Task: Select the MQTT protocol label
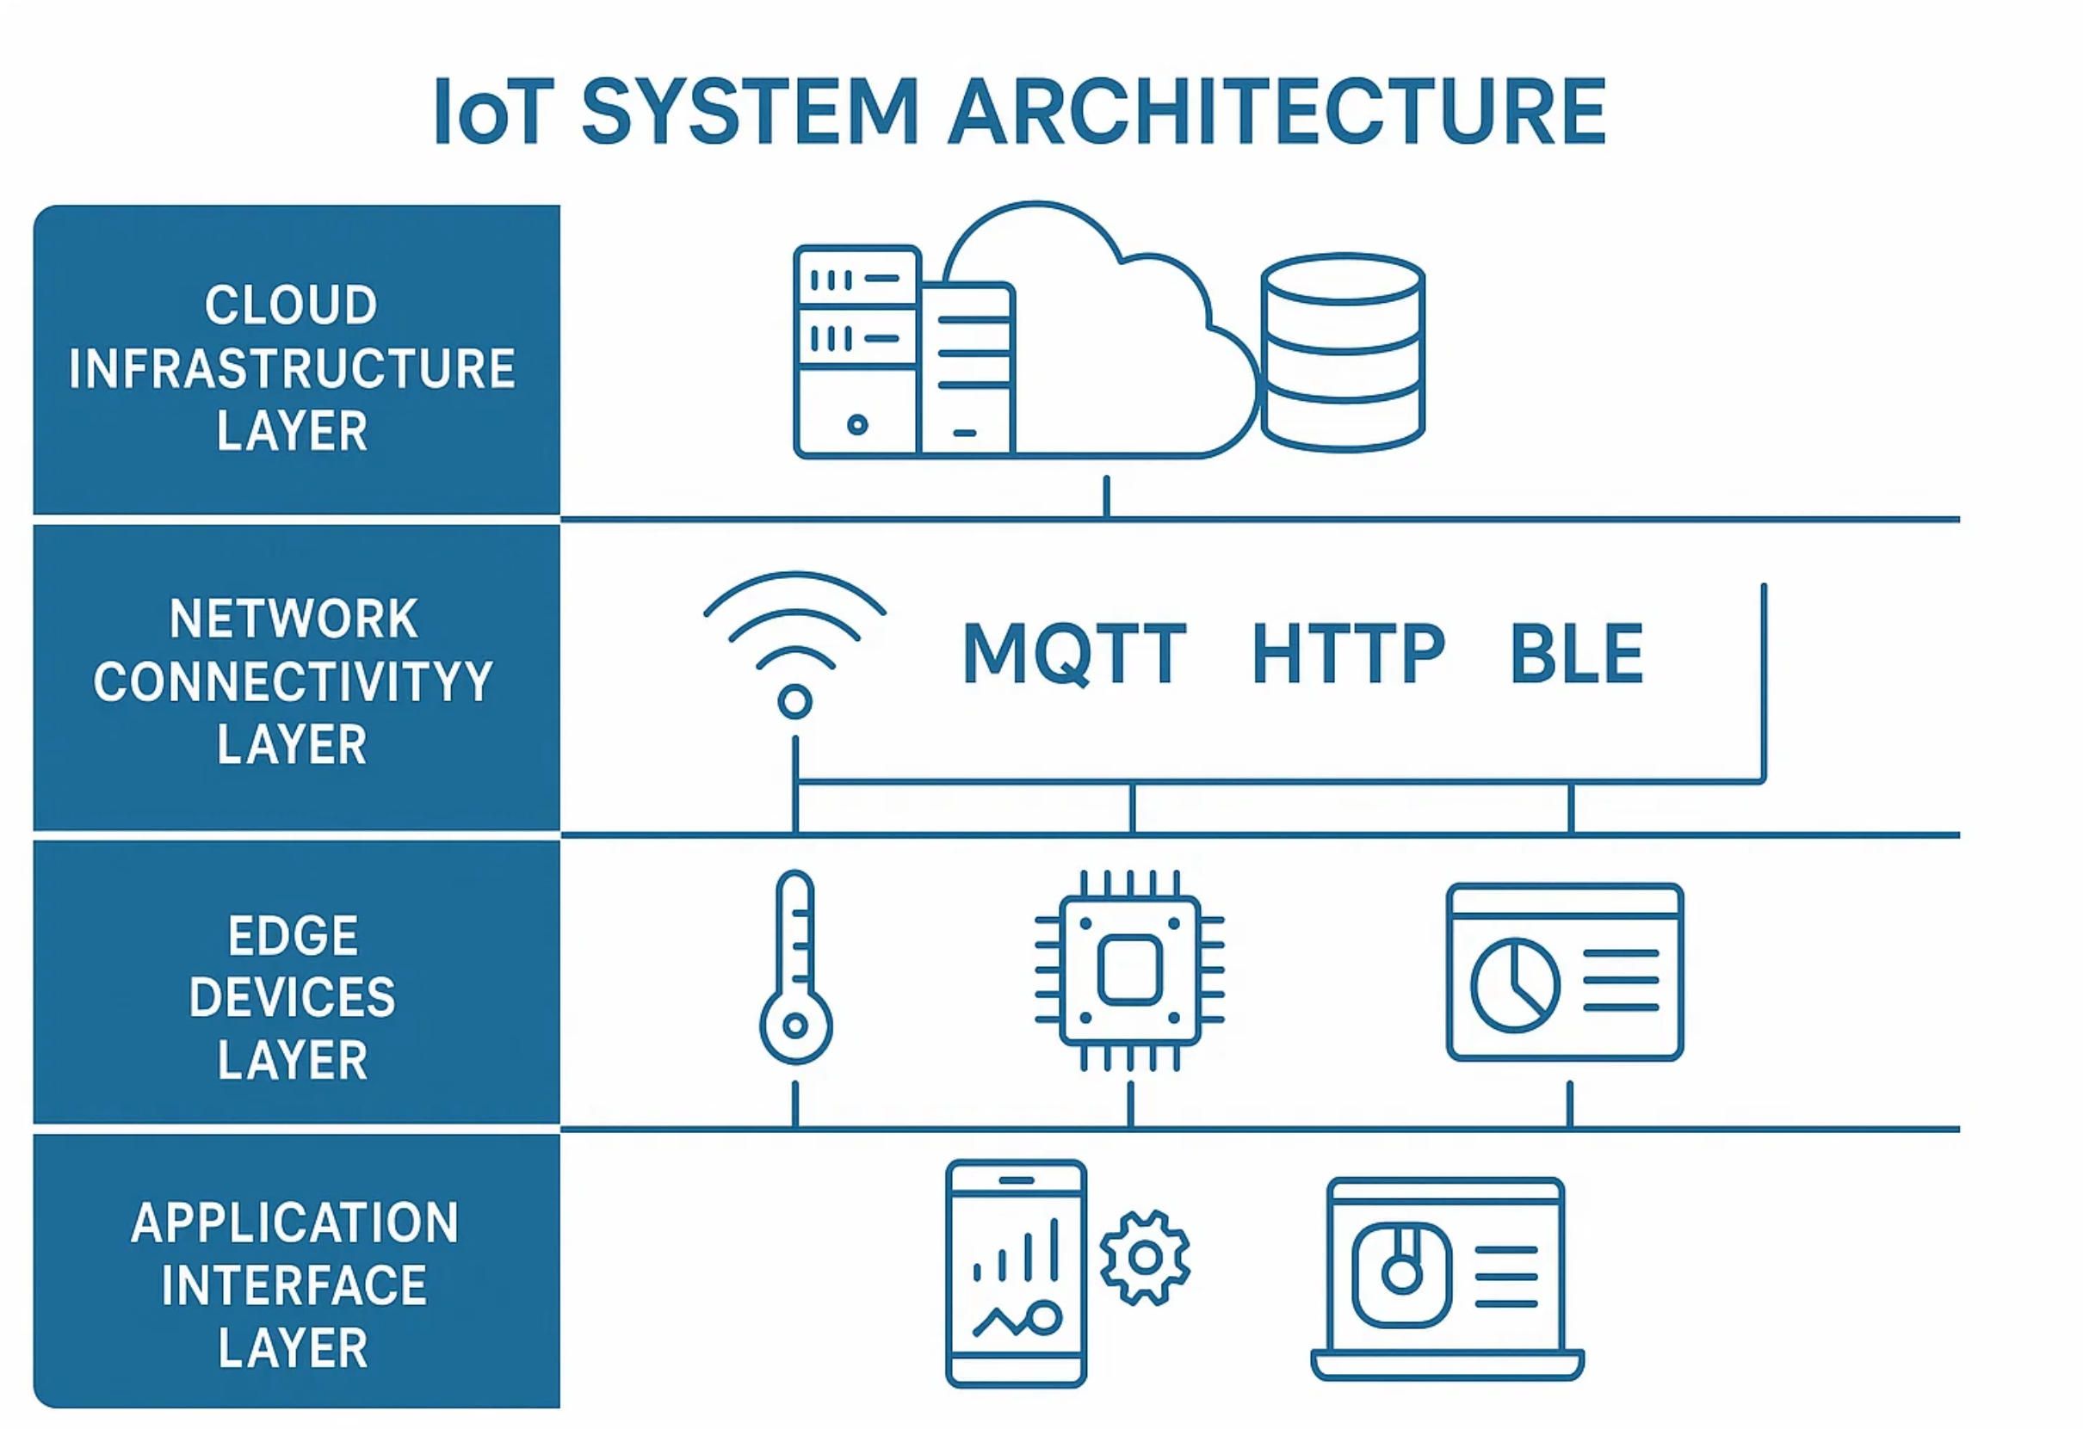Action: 1073,654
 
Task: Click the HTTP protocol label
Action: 1347,654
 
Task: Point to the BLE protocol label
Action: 1577,654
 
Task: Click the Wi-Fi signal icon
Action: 795,645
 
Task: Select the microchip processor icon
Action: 1129,970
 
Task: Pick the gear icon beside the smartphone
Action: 1145,1258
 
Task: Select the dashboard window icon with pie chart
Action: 1565,972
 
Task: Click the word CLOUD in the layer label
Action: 291,305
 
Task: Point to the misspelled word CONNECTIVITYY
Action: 294,683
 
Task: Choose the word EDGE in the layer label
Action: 294,936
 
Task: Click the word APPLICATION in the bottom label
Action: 294,1223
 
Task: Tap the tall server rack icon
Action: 856,351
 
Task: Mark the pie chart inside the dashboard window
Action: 1515,984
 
